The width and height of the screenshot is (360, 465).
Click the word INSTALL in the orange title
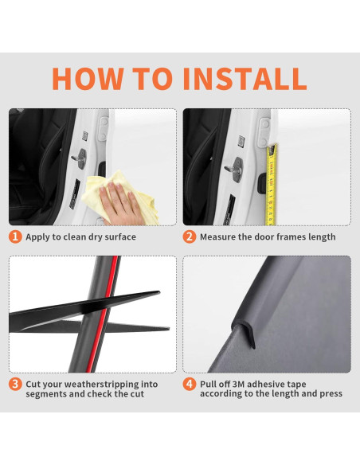coord(245,79)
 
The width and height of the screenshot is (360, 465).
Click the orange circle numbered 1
coord(15,237)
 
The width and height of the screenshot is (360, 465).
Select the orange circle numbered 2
coord(190,237)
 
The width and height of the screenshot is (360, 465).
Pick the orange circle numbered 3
coord(15,385)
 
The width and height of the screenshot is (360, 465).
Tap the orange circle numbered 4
coord(190,385)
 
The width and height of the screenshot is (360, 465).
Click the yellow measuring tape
coord(272,185)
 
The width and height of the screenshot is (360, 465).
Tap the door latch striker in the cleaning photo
coord(80,158)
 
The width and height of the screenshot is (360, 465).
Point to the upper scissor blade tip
coord(159,293)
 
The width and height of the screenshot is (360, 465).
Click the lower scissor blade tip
coord(168,329)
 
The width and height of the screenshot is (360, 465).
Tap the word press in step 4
coord(331,394)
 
